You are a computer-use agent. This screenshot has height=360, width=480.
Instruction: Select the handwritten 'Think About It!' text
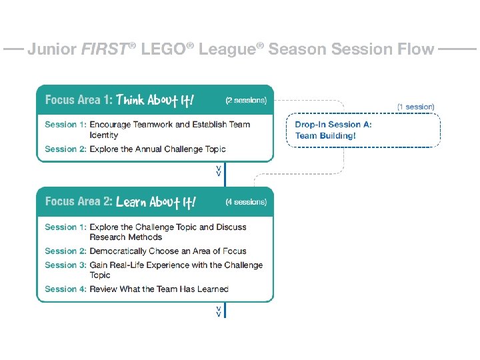pyautogui.click(x=155, y=100)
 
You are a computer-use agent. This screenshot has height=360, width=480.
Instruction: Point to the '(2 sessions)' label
pyautogui.click(x=245, y=101)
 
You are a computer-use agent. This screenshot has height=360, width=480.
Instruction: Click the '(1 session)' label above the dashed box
pyautogui.click(x=415, y=107)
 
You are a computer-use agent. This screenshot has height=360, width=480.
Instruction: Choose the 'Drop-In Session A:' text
pyautogui.click(x=333, y=124)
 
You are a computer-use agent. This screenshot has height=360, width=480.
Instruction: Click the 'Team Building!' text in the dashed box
pyautogui.click(x=325, y=135)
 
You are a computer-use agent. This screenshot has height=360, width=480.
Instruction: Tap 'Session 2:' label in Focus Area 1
pyautogui.click(x=65, y=149)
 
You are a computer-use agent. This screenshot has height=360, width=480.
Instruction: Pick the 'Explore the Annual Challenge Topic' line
pyautogui.click(x=157, y=149)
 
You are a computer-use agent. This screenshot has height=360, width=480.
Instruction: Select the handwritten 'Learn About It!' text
pyautogui.click(x=156, y=202)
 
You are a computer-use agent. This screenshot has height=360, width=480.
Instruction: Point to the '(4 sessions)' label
pyautogui.click(x=245, y=202)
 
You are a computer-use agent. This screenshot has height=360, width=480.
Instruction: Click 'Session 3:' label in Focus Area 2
pyautogui.click(x=65, y=265)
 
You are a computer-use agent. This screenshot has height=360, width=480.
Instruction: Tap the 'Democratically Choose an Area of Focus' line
pyautogui.click(x=168, y=251)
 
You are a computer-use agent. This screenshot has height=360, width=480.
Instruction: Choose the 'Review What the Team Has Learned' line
pyautogui.click(x=159, y=289)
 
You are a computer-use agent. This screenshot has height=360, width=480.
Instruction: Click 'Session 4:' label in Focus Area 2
pyautogui.click(x=65, y=289)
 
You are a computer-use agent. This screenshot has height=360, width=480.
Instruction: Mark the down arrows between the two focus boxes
pyautogui.click(x=219, y=171)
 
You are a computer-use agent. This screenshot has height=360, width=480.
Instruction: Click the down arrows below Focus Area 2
pyautogui.click(x=219, y=311)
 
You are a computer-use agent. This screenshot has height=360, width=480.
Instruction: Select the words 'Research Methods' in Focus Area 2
pyautogui.click(x=126, y=237)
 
